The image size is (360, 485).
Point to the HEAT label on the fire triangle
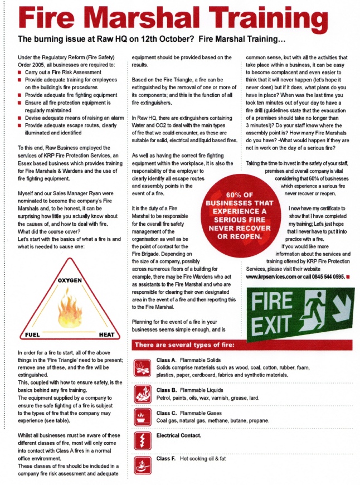[106, 335]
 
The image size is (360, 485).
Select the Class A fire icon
[142, 367]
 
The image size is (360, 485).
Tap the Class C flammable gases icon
[142, 418]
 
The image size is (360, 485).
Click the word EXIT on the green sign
[274, 323]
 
